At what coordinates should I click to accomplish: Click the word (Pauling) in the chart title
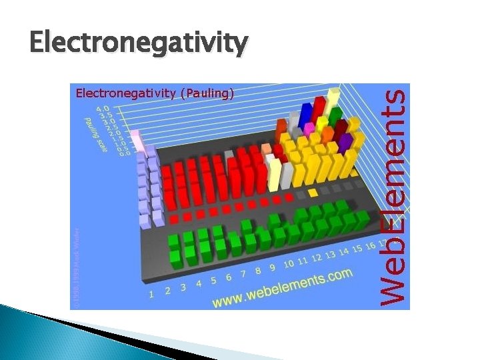pos(207,93)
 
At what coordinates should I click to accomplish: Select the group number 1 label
pos(153,293)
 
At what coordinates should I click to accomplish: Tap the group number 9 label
pos(272,268)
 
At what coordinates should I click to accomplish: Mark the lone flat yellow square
pos(313,193)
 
